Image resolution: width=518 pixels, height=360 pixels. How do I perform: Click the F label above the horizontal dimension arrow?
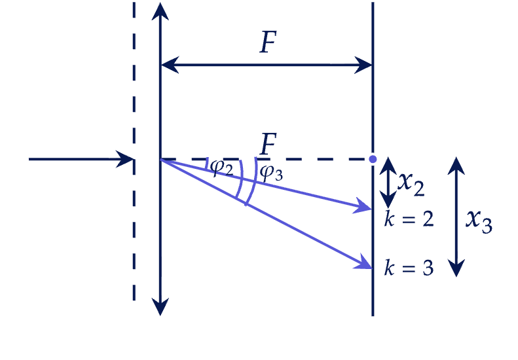(x=268, y=42)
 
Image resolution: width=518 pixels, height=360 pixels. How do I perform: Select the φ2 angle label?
(x=221, y=168)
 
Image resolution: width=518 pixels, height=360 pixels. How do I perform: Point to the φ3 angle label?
(x=271, y=172)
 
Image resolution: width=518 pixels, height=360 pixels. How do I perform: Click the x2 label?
(x=411, y=184)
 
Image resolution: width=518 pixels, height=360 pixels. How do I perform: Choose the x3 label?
(x=479, y=221)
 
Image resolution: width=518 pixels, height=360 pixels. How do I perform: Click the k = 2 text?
(x=409, y=219)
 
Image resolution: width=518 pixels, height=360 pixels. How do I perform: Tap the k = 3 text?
(x=409, y=268)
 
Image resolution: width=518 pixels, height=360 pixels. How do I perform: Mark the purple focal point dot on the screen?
(x=373, y=159)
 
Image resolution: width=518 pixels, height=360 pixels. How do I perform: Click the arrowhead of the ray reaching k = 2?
(x=363, y=206)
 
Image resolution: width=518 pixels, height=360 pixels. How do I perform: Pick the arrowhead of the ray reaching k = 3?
(x=364, y=262)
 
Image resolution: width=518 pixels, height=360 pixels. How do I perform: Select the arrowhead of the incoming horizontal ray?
(x=126, y=159)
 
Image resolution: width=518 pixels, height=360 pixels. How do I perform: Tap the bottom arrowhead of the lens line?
(x=160, y=307)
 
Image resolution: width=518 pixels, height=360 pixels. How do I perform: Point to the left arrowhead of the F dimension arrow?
(x=170, y=64)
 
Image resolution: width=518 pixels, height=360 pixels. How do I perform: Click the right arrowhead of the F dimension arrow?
(x=363, y=65)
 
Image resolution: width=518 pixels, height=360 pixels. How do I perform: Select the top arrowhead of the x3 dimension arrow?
(x=456, y=166)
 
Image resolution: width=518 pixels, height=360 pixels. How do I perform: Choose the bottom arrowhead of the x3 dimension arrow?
(x=456, y=268)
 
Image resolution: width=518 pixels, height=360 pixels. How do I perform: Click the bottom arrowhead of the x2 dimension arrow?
(x=388, y=200)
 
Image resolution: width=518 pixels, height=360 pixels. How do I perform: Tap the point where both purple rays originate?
(x=160, y=159)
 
